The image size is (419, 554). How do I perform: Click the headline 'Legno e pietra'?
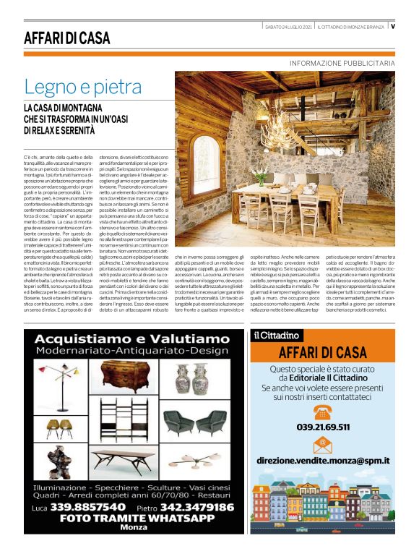83,87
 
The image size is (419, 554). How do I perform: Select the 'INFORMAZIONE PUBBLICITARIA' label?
342,64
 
